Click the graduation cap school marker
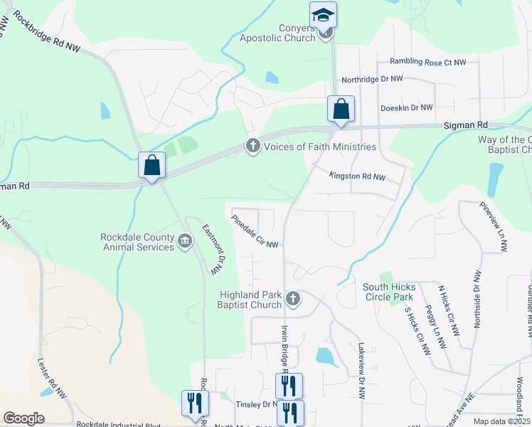coord(323,14)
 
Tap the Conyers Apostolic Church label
coord(277,33)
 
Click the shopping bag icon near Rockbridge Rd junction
coord(152,166)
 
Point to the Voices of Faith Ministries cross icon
coord(252,147)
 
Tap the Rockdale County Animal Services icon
coord(184,242)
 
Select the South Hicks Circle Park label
coord(389,292)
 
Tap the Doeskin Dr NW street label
coord(407,107)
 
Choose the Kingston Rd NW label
coord(357,176)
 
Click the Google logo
coord(23,418)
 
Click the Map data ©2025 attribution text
coord(501,421)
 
